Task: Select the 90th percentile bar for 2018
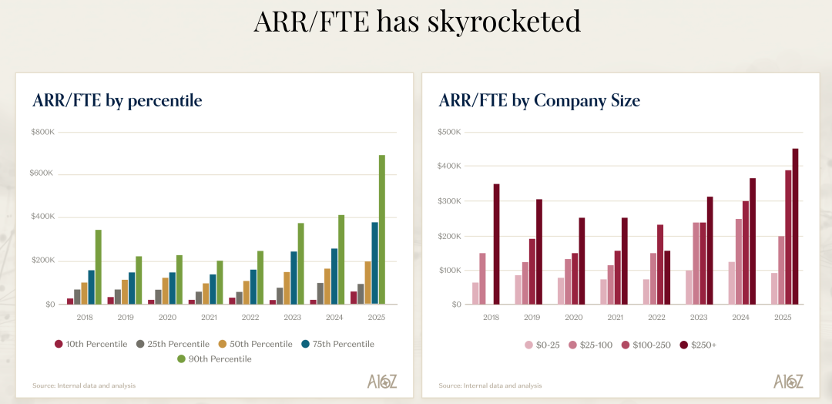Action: pos(99,267)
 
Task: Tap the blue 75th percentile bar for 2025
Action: pos(374,263)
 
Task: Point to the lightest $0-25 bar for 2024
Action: pos(731,283)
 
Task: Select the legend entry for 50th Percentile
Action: pos(253,344)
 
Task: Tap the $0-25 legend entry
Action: pos(543,345)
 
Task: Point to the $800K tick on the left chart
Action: pos(43,132)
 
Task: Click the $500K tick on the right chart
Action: pos(449,132)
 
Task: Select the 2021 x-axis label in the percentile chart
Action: pos(208,317)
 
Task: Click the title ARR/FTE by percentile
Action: pos(117,101)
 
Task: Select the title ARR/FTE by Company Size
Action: pos(539,101)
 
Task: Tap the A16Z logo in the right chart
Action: pos(789,381)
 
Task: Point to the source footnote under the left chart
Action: pos(84,385)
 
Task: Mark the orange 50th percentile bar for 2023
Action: pos(287,288)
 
